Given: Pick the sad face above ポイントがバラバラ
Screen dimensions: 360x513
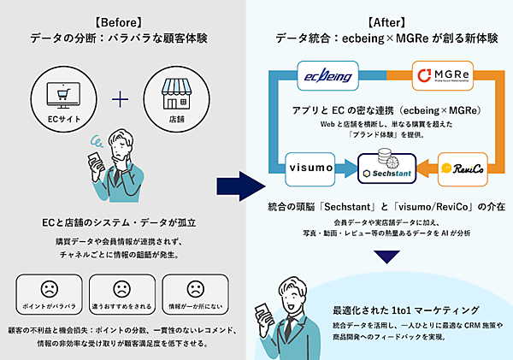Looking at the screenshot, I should click(47, 289).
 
